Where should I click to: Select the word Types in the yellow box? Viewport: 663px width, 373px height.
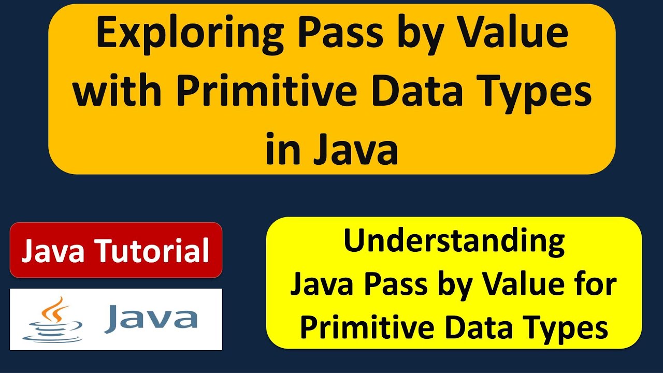(x=570, y=328)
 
